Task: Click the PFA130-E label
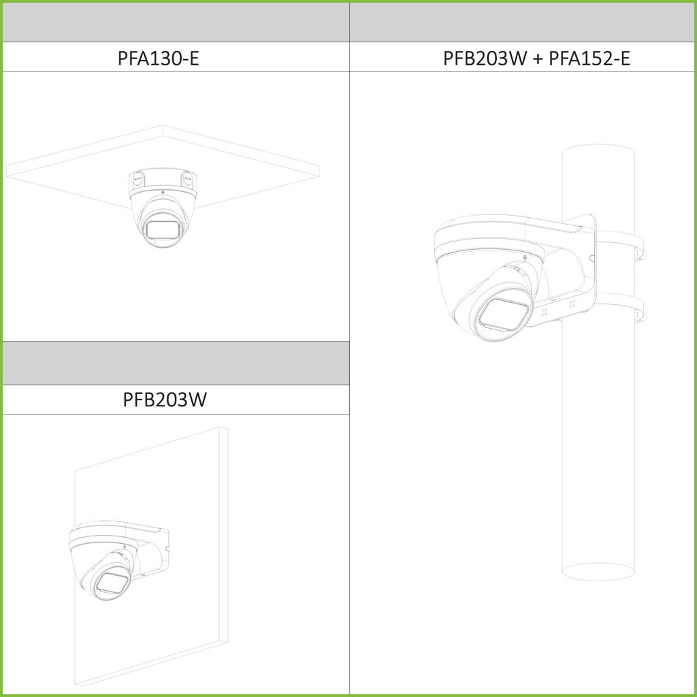point(158,59)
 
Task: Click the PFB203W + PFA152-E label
point(536,59)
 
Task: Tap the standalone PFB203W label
point(165,400)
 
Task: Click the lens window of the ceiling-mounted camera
point(163,229)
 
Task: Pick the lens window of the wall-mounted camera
point(113,583)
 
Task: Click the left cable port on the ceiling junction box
point(137,180)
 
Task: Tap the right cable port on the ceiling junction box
point(187,179)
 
